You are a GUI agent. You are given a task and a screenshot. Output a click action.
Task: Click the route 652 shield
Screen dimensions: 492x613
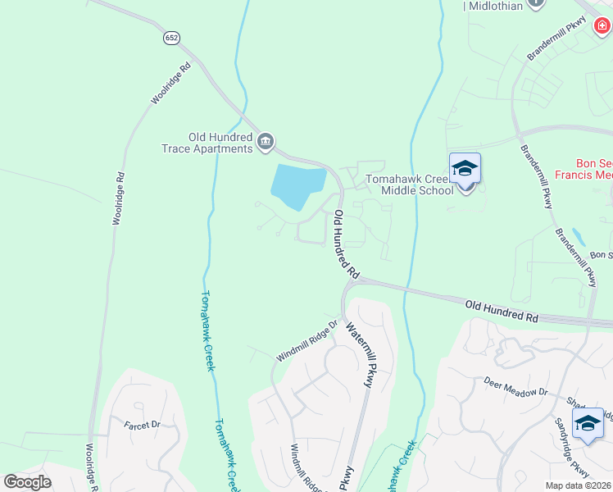170,38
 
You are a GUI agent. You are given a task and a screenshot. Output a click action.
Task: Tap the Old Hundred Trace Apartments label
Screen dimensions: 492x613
207,143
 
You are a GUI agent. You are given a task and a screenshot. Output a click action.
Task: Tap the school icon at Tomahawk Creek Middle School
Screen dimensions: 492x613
465,170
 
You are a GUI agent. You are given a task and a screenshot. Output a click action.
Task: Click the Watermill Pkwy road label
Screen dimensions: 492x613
363,354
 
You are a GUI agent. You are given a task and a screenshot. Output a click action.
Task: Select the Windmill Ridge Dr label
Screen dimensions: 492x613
307,342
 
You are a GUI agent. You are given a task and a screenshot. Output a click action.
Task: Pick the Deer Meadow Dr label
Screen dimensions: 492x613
515,386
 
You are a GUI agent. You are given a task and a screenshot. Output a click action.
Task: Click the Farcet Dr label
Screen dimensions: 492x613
142,425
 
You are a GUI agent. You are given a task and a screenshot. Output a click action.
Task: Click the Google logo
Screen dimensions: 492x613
27,482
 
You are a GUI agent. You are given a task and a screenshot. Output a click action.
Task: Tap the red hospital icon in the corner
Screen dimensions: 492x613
603,28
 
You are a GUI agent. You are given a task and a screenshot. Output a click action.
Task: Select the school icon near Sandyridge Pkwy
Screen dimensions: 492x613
588,424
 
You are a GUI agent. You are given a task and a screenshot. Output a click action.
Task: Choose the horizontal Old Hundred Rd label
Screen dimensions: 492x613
502,310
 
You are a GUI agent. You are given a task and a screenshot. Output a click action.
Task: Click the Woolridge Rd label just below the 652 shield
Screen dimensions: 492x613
170,82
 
